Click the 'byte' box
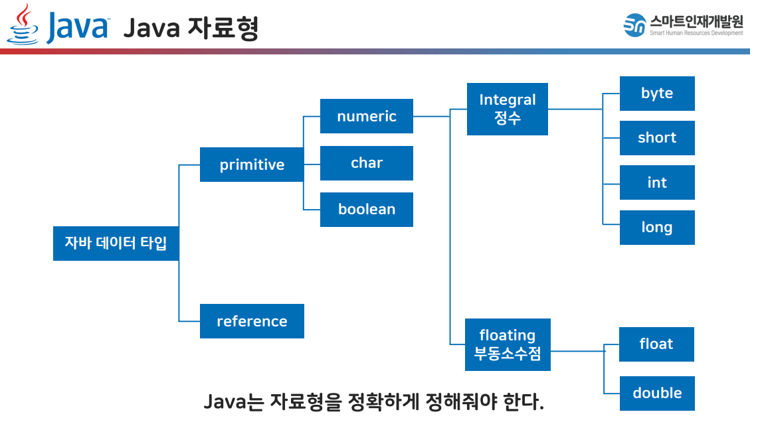click(x=656, y=94)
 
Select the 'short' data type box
click(x=656, y=138)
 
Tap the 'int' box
click(x=656, y=182)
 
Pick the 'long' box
click(x=656, y=228)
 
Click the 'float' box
click(x=656, y=344)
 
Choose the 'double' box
click(x=656, y=393)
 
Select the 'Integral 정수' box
click(x=507, y=109)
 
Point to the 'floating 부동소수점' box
click(x=507, y=344)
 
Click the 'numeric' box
click(x=366, y=116)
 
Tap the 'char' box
click(x=366, y=163)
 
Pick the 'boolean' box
click(x=366, y=210)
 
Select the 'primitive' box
click(x=252, y=165)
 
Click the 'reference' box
click(x=252, y=321)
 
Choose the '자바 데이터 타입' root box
click(x=116, y=243)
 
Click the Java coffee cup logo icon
click(x=23, y=24)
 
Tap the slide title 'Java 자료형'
click(x=191, y=29)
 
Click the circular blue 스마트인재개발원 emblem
click(x=634, y=25)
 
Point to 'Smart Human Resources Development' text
click(x=696, y=33)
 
